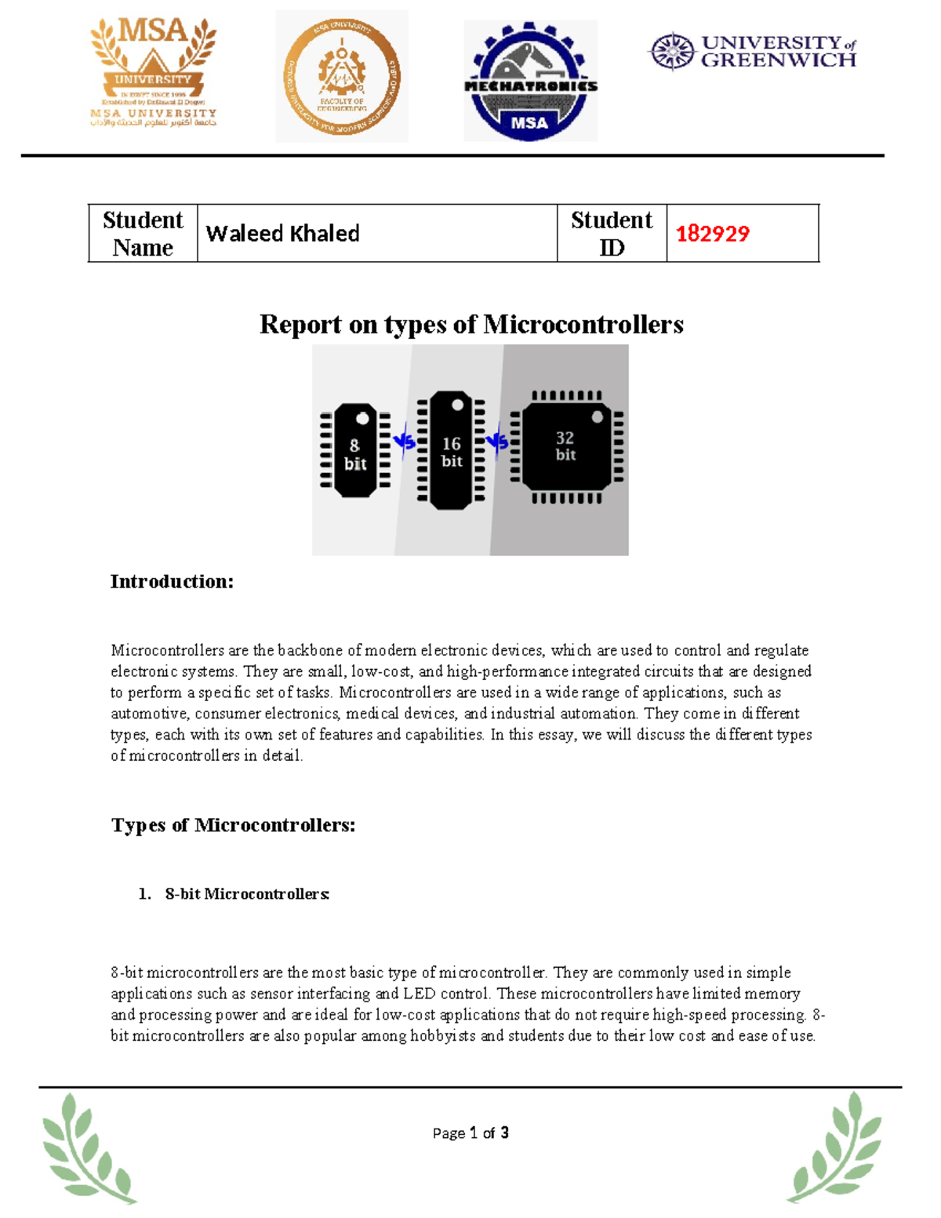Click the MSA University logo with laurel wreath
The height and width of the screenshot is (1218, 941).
(x=153, y=72)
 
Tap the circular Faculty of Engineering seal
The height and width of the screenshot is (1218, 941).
(x=342, y=77)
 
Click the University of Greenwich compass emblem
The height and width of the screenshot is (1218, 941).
(x=672, y=52)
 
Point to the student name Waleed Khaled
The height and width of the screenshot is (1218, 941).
(x=282, y=233)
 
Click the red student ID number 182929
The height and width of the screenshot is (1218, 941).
(x=712, y=233)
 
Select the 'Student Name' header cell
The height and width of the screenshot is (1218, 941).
(x=143, y=233)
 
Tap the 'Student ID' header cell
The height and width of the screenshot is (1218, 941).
(x=612, y=233)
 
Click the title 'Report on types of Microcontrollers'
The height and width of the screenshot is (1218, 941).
(x=471, y=324)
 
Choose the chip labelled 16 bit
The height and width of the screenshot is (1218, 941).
(x=451, y=450)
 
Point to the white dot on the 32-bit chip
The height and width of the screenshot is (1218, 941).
(x=598, y=417)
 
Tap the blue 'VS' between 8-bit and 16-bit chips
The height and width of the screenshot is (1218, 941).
(x=404, y=442)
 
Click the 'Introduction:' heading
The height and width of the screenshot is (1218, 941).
(x=172, y=581)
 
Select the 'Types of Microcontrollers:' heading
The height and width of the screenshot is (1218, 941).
(x=233, y=825)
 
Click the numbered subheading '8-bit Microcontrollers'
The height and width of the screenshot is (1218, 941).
(x=246, y=894)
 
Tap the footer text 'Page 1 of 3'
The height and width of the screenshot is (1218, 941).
(x=470, y=1133)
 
